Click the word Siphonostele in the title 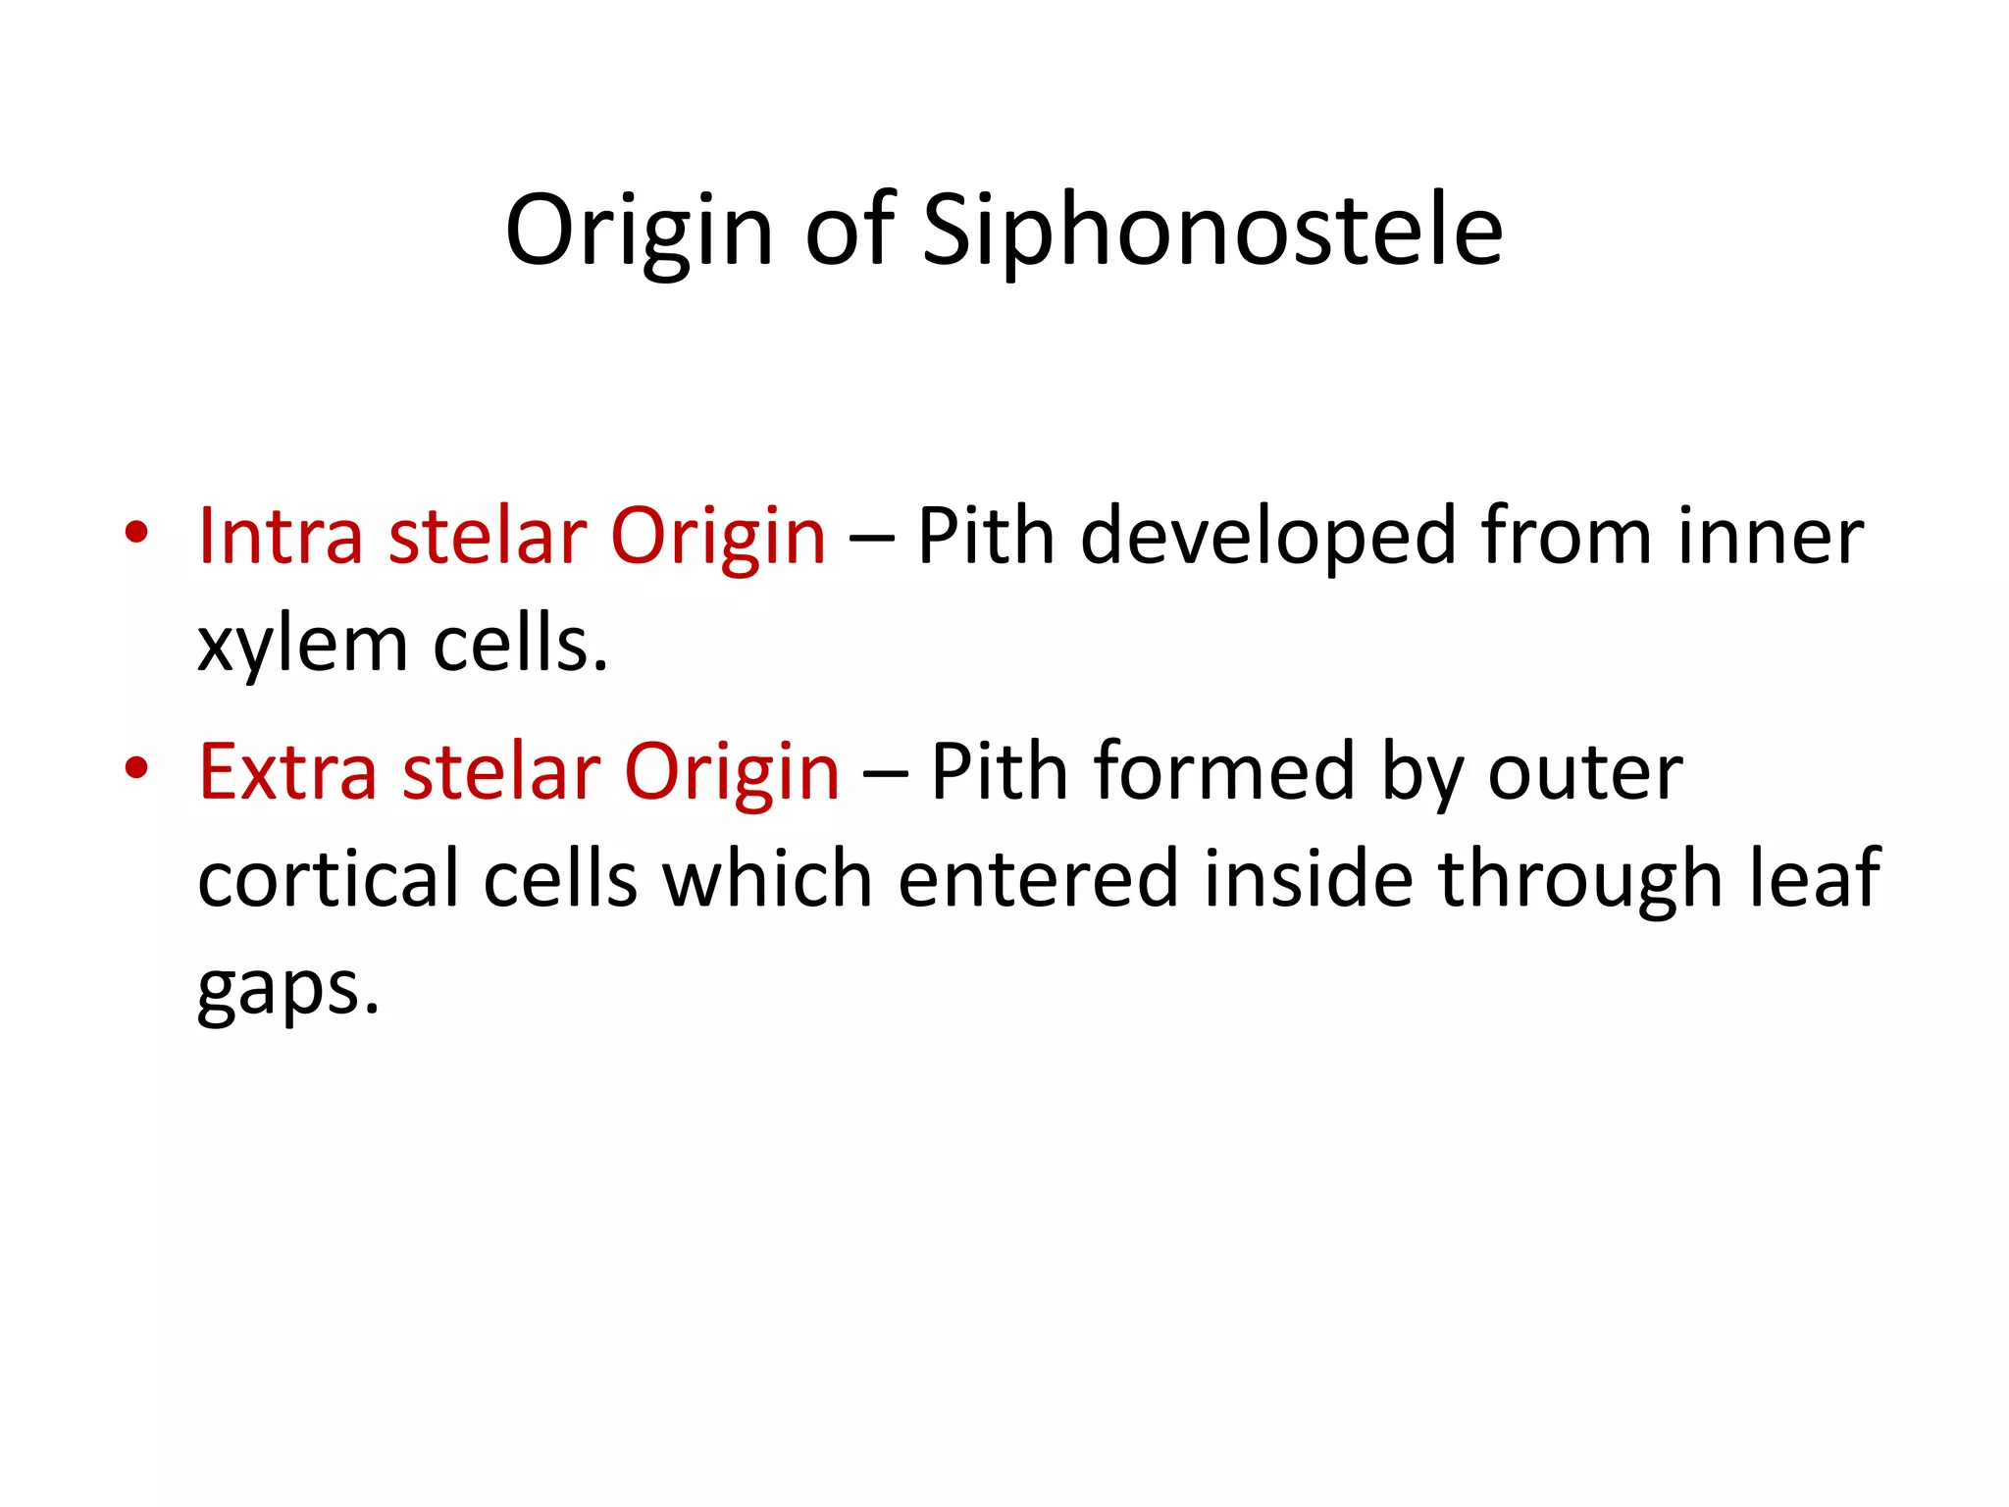click(1212, 232)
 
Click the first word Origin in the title click(639, 232)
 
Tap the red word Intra click(281, 537)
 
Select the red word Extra click(287, 772)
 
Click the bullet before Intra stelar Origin click(136, 534)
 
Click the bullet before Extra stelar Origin click(136, 768)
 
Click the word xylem click(302, 646)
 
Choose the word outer click(1585, 772)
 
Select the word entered click(1038, 879)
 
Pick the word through click(1579, 879)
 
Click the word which click(767, 879)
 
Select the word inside click(1309, 879)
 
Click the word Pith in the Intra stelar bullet click(986, 537)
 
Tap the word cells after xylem click(520, 646)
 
